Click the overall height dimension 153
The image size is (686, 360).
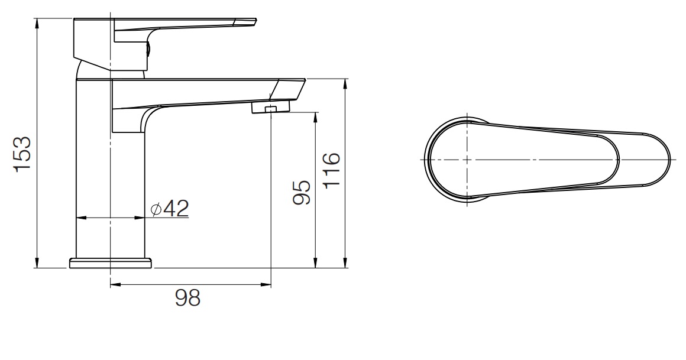coord(22,155)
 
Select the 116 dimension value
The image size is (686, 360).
coord(332,170)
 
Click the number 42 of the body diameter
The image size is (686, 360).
coord(176,208)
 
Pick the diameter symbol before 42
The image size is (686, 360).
coord(156,209)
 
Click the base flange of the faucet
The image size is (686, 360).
coord(111,263)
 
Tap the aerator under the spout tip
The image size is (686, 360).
coord(270,108)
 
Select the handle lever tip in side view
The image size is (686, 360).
coord(248,22)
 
